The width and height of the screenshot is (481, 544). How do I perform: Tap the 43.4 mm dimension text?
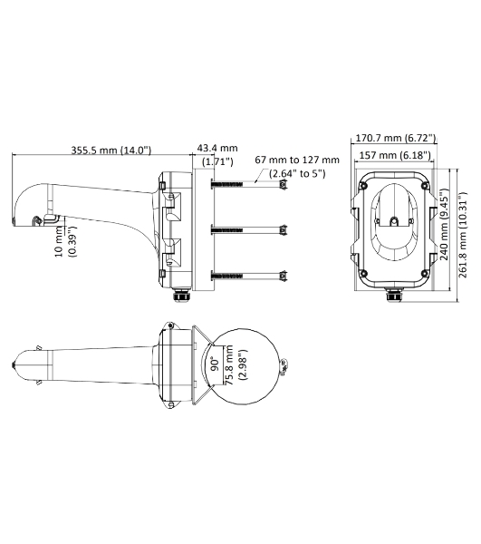[217, 148]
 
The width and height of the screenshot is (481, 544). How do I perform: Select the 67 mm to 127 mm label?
[296, 160]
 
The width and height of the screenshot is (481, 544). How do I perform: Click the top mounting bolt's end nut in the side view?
[285, 185]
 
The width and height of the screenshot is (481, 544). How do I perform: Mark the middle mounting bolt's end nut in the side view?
[285, 228]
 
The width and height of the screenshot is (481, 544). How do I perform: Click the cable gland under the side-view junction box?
[183, 295]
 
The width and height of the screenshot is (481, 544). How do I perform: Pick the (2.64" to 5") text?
[296, 174]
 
